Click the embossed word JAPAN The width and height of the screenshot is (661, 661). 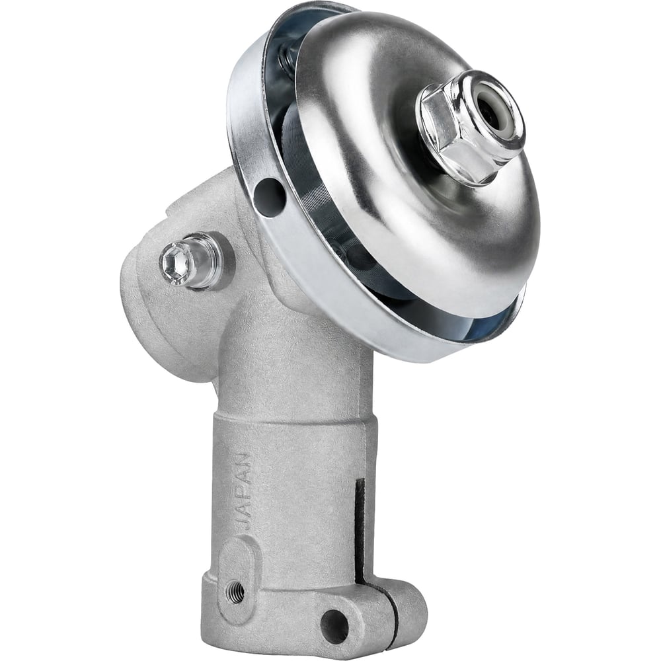pos(244,491)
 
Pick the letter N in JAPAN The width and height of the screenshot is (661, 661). pos(244,460)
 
